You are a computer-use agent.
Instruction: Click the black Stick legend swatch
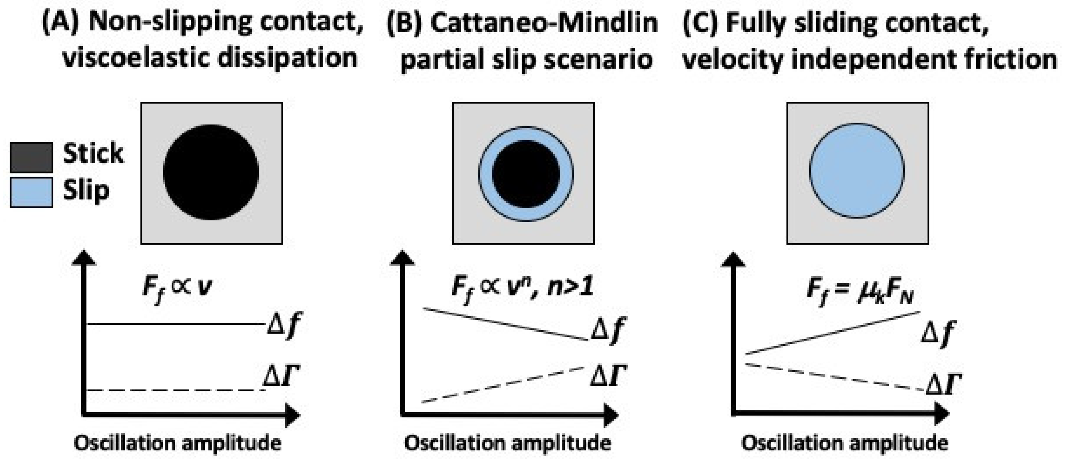coord(31,157)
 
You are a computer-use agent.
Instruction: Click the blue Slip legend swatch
coord(31,192)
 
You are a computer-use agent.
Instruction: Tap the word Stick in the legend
coord(93,153)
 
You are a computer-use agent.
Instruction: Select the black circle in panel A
coord(211,172)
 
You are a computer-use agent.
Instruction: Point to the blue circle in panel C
coord(857,171)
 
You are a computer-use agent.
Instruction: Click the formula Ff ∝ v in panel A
coord(177,287)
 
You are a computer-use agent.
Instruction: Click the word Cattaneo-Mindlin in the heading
coord(544,23)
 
